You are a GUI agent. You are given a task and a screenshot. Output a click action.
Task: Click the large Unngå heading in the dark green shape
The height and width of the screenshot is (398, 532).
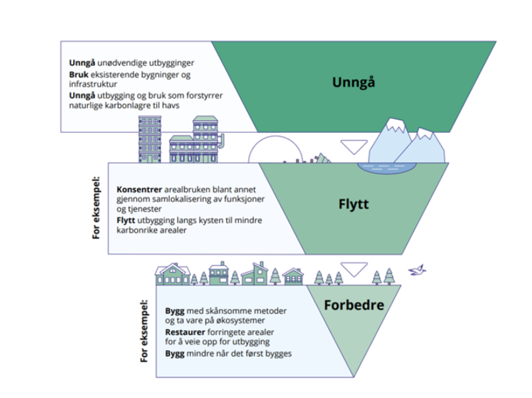coord(354,82)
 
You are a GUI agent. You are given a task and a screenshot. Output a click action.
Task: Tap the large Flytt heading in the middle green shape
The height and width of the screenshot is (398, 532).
coord(354,204)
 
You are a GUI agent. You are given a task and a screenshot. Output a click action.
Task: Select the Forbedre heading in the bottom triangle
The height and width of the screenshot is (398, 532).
coord(354,305)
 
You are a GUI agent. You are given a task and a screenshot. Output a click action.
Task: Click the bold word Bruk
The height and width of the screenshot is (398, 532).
coord(78,74)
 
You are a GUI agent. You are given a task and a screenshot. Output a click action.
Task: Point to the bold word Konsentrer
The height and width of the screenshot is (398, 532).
coord(140,189)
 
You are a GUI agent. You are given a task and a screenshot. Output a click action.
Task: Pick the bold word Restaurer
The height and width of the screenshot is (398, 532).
coord(186,332)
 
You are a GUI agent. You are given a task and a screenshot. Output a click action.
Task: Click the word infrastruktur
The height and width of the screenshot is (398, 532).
coord(93,84)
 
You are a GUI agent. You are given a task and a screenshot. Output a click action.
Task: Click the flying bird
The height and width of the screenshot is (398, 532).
coord(417,270)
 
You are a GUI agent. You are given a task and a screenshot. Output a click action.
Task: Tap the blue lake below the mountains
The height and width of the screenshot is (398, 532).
coord(387,167)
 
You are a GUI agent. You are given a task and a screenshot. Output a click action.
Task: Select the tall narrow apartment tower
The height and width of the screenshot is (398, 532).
coord(150,140)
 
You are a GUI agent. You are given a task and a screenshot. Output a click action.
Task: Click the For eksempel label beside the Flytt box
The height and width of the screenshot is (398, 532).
coord(96,207)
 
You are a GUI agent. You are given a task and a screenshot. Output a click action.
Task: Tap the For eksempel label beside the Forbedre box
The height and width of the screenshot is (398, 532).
coord(144,331)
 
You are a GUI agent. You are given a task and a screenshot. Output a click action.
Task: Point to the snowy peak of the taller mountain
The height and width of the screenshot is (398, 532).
coord(396,125)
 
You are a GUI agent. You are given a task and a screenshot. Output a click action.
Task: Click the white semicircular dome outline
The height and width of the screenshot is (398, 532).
coord(275,136)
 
